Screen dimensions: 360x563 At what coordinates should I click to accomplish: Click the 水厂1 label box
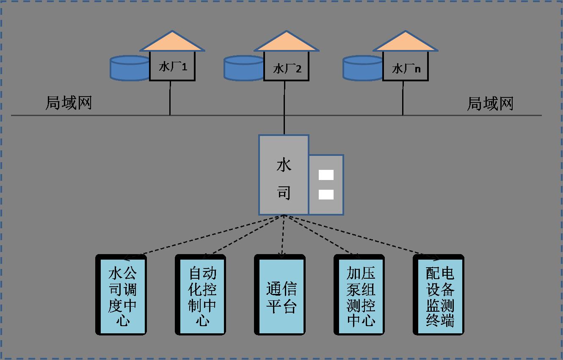tap(172, 66)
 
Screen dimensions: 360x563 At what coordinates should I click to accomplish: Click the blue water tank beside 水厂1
tap(130, 68)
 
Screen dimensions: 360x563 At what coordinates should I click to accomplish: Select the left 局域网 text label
tap(69, 103)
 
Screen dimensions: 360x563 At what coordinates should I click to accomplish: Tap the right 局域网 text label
tap(490, 103)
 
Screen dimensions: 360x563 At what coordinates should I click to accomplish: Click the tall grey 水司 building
tap(284, 174)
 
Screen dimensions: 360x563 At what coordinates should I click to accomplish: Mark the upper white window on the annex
tap(326, 175)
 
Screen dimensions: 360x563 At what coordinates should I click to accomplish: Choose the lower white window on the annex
tap(326, 194)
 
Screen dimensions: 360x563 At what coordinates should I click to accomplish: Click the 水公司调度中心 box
tap(122, 295)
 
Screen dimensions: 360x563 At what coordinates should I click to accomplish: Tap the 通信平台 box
tap(281, 295)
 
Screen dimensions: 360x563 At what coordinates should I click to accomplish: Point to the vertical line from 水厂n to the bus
tap(403, 98)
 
